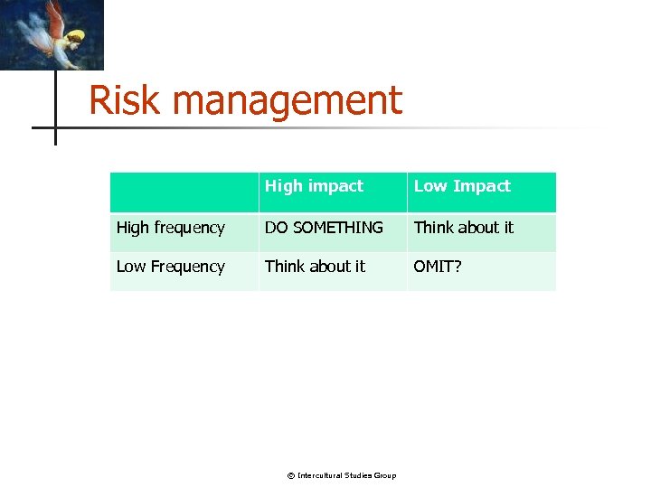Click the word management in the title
click(287, 100)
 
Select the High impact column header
click(314, 186)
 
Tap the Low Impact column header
click(462, 186)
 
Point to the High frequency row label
click(170, 228)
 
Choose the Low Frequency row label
click(170, 267)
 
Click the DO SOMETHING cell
click(324, 228)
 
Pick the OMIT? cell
click(438, 267)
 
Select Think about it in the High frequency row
click(463, 228)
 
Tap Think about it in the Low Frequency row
click(315, 267)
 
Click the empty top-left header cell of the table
click(184, 192)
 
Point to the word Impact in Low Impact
click(481, 186)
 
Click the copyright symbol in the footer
click(291, 475)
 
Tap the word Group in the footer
click(385, 475)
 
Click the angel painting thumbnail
click(52, 34)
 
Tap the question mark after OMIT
click(457, 267)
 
